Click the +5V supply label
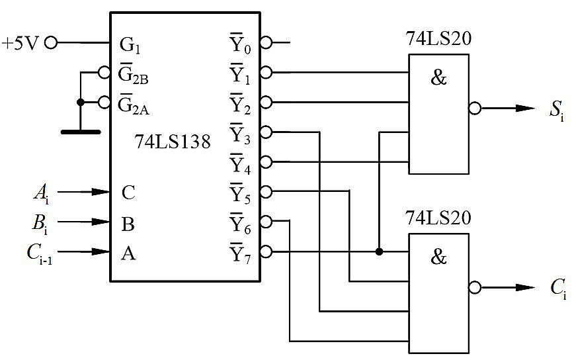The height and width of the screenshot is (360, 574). tap(20, 43)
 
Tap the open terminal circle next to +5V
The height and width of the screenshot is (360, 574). tap(52, 43)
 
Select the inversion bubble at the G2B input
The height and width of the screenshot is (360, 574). tap(104, 73)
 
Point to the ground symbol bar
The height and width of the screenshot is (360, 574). tap(81, 132)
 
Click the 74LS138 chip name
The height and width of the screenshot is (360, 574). tap(173, 142)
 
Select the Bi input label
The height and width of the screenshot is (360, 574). tap(40, 223)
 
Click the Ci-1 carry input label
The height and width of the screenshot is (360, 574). tap(40, 253)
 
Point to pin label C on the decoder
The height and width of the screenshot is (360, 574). tap(128, 193)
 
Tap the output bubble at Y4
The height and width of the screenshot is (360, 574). tap(266, 162)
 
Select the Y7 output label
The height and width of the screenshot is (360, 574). tap(241, 253)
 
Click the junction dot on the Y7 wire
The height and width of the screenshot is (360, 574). tap(380, 251)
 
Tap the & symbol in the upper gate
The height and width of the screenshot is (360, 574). tap(438, 77)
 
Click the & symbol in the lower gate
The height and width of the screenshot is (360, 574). tap(438, 257)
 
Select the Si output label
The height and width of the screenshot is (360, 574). tap(557, 110)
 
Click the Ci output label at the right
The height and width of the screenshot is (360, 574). tap(558, 289)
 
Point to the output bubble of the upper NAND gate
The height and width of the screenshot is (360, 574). tap(475, 109)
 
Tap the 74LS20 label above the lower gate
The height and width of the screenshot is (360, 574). tap(438, 218)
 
